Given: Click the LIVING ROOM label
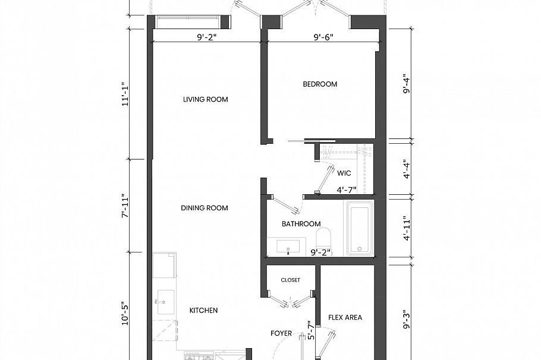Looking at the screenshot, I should [x=205, y=99].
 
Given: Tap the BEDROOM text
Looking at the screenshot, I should [x=320, y=84].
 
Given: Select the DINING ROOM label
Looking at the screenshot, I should [x=205, y=208].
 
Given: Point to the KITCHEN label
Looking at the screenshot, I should [x=203, y=310].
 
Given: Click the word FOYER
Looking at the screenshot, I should [x=281, y=333].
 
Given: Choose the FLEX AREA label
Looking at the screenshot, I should [x=345, y=318].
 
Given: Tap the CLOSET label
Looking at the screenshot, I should [x=290, y=280].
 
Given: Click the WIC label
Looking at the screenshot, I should [x=344, y=173].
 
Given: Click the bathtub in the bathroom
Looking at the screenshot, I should [x=360, y=229].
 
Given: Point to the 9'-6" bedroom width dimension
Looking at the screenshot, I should [x=323, y=36].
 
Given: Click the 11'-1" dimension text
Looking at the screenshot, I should [x=125, y=94].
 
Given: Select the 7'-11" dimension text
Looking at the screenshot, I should [x=125, y=206].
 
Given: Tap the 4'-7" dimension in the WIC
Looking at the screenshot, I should [x=346, y=190].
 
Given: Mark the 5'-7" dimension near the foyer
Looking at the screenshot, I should [x=310, y=330].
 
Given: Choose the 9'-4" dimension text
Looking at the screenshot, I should [x=407, y=84].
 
